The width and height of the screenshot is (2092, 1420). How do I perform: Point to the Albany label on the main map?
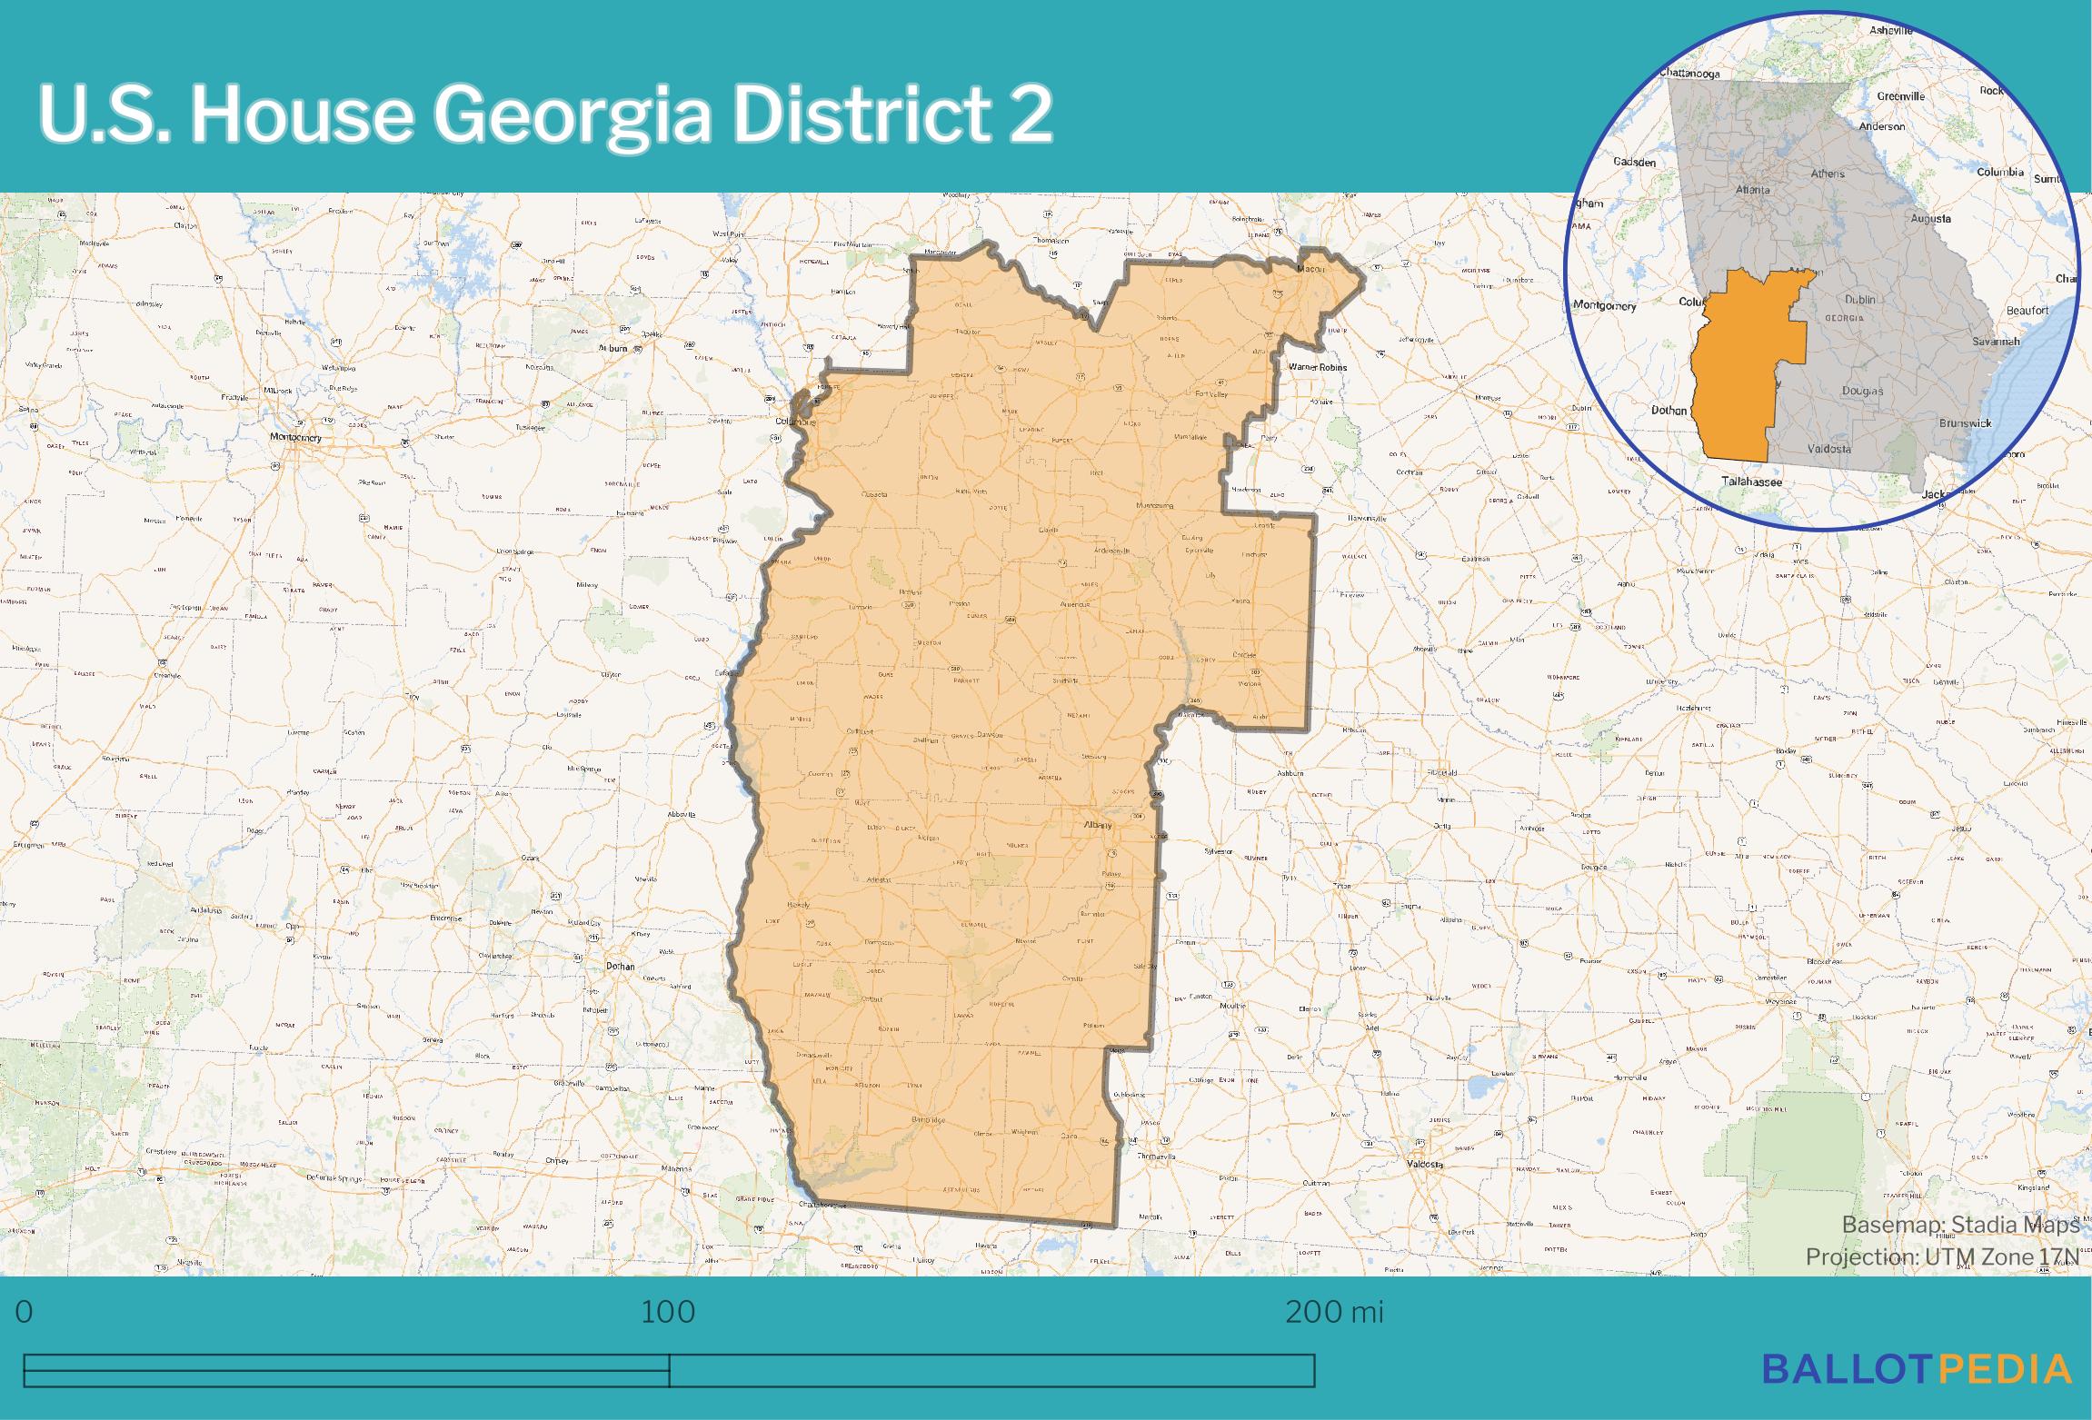point(1097,825)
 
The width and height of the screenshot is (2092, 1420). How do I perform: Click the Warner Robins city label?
point(1318,367)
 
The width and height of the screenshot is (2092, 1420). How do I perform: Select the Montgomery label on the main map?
point(295,437)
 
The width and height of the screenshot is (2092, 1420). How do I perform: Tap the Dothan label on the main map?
point(621,966)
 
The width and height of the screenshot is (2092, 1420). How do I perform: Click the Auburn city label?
point(613,348)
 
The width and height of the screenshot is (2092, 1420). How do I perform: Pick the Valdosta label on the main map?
point(1424,1164)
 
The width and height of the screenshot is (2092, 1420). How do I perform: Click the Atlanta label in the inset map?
point(1752,190)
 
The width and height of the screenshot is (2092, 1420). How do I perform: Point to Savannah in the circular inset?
point(1996,342)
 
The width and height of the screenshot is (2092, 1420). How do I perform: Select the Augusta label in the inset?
point(1930,218)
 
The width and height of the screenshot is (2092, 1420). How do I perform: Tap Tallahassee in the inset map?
point(1751,482)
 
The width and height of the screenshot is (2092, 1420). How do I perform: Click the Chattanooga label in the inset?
point(1689,73)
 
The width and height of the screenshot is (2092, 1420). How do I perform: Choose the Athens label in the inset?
point(1828,174)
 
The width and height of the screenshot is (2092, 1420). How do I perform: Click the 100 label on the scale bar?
point(668,1312)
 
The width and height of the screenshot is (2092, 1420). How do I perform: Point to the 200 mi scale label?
point(1333,1312)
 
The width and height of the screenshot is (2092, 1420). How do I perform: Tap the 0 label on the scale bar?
point(25,1312)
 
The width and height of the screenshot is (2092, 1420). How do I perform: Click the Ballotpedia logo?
point(1917,1369)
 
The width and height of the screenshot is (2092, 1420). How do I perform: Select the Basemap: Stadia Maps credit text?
point(1960,1225)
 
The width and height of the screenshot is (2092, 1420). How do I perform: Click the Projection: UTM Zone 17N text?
point(1941,1256)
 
